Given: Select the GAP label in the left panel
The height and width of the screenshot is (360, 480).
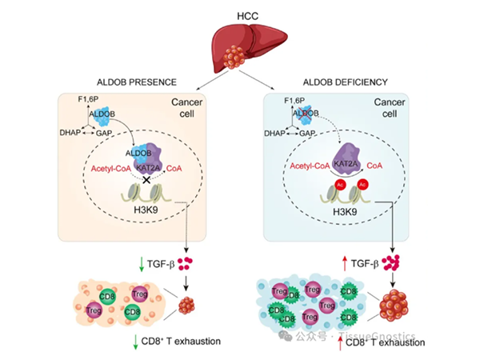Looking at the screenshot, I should pyautogui.click(x=105, y=132).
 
